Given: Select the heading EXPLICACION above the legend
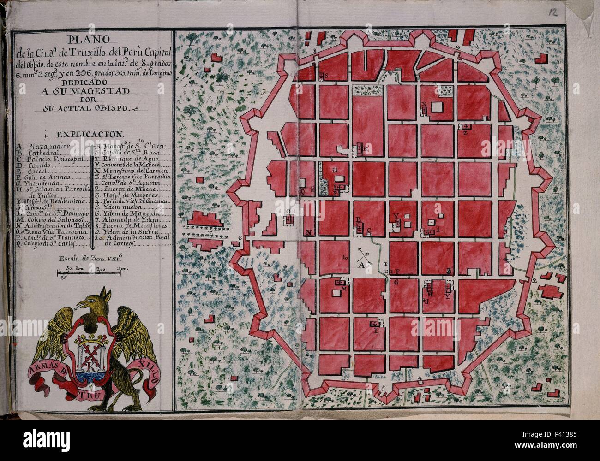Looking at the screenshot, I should [x=90, y=135].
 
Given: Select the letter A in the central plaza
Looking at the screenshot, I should [x=362, y=266].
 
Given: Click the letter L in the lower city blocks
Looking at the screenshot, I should [x=375, y=330].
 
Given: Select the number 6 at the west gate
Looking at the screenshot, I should [x=240, y=238].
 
